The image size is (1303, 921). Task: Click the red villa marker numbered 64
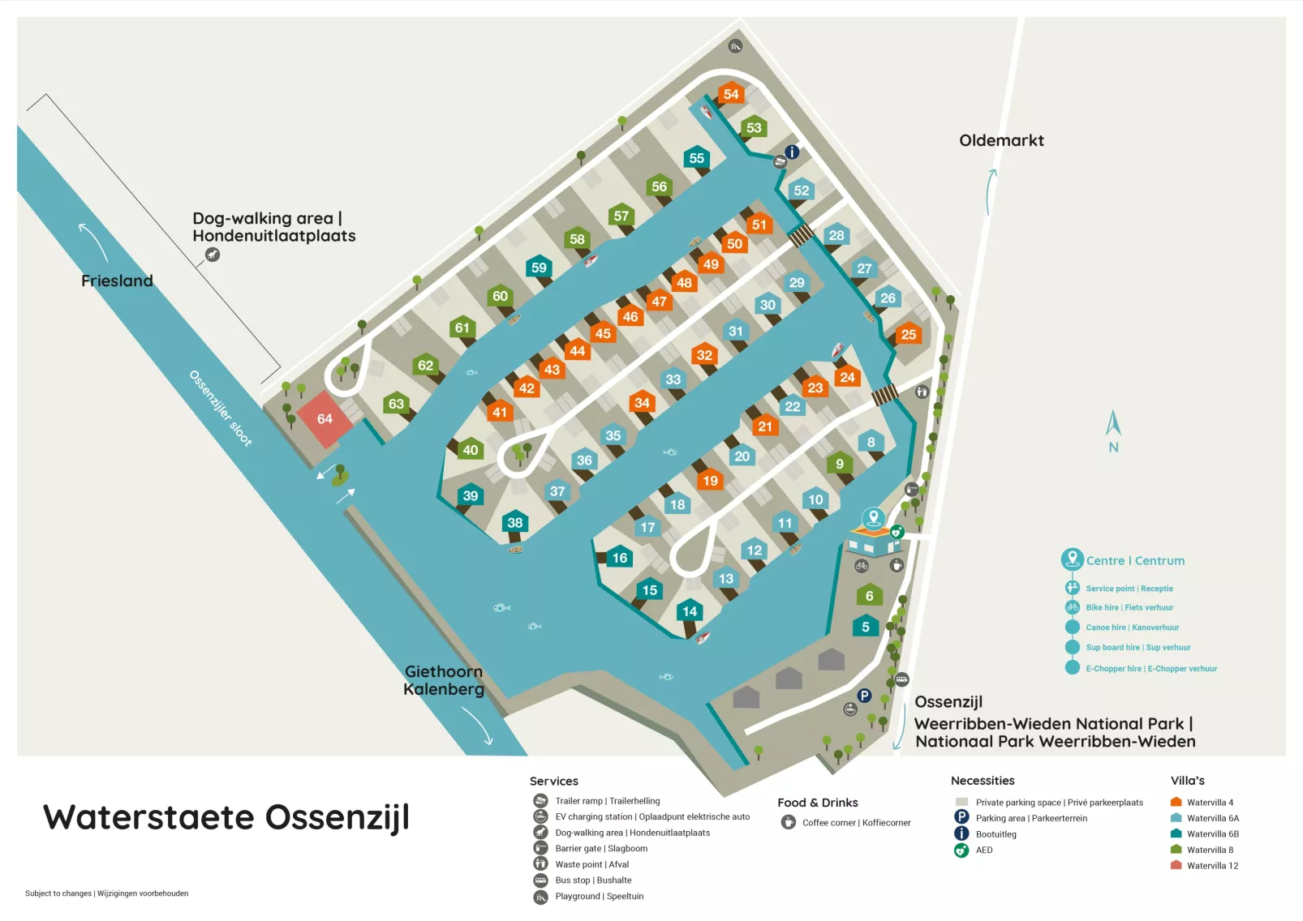(325, 419)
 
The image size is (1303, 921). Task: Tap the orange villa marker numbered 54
(731, 94)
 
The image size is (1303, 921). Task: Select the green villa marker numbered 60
(500, 297)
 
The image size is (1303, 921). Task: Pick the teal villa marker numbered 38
(515, 523)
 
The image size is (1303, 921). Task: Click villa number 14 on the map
(690, 612)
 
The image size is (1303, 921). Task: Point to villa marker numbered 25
(909, 334)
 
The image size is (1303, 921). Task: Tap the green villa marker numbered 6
(869, 596)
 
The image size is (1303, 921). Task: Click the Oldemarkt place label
(1001, 140)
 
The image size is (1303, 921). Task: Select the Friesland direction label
(117, 281)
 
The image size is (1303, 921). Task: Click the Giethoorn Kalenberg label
(444, 680)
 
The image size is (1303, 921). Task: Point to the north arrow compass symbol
(1113, 430)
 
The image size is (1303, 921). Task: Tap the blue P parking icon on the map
(864, 695)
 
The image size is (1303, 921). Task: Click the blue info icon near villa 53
(793, 152)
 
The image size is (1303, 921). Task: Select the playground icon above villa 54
(735, 46)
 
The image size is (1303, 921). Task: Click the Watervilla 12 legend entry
(1205, 866)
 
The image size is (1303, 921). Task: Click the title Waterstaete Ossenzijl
(226, 817)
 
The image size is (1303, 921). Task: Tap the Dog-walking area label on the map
(273, 227)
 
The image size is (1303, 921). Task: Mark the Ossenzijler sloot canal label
(220, 408)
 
